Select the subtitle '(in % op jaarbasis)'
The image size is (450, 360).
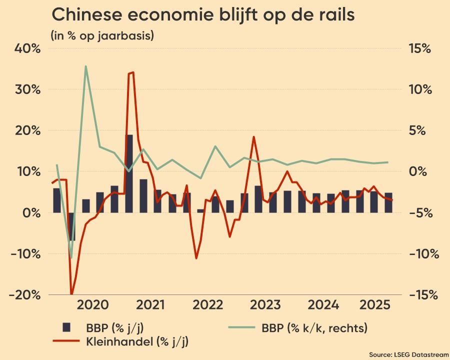[x=102, y=35]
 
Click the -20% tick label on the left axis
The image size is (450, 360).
[x=24, y=294]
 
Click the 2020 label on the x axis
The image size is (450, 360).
[x=93, y=305]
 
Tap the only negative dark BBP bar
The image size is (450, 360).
[x=71, y=226]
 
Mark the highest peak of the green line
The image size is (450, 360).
[x=86, y=66]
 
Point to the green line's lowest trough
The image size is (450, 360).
[x=71, y=257]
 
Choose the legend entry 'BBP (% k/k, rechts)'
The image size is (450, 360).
[x=314, y=328]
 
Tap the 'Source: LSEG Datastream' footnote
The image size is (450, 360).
[x=408, y=354]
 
